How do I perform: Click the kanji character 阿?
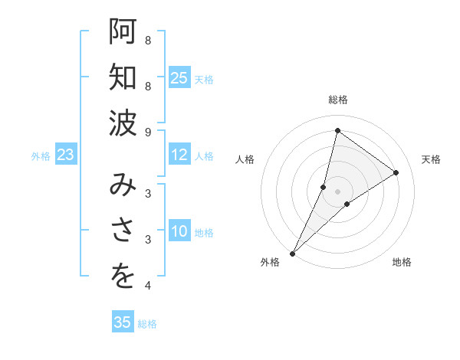pos(123,32)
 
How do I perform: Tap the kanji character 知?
pos(123,78)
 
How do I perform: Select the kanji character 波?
pos(123,124)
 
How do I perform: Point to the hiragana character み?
pos(123,185)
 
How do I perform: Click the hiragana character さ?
pos(123,231)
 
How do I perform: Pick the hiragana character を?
pos(123,277)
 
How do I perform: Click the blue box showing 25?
pos(179,78)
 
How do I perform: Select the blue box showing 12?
pos(179,155)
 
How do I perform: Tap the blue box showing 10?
pos(179,231)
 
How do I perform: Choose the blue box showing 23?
pos(65,155)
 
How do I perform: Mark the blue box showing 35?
pos(123,322)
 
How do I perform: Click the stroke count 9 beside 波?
pos(148,132)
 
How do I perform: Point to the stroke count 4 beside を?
pos(148,286)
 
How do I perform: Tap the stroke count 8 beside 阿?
pos(148,40)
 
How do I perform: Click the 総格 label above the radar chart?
pos(337,100)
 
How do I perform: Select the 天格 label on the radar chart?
pos(431,159)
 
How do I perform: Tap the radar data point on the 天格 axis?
pos(396,173)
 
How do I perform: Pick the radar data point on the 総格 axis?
pos(337,130)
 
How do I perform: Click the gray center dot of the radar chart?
pos(337,191)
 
